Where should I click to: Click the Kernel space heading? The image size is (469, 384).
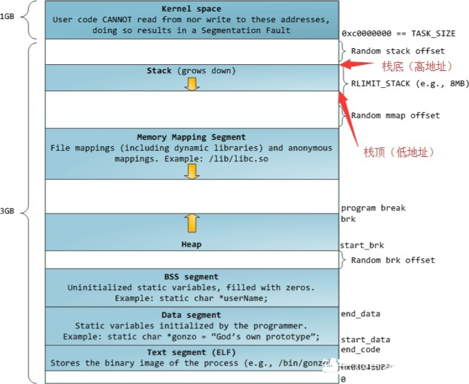pyautogui.click(x=192, y=8)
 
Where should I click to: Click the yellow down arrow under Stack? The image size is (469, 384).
pyautogui.click(x=192, y=83)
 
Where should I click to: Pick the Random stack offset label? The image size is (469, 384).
pyautogui.click(x=397, y=51)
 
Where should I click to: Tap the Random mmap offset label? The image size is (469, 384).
pyautogui.click(x=395, y=116)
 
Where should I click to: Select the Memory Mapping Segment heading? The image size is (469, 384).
pyautogui.click(x=192, y=137)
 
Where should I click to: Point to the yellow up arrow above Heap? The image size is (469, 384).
pyautogui.click(x=192, y=222)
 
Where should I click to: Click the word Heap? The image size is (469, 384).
pyautogui.click(x=192, y=244)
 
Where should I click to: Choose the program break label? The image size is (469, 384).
pyautogui.click(x=373, y=208)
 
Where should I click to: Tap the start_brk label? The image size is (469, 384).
pyautogui.click(x=362, y=245)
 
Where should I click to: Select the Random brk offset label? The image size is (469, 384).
pyautogui.click(x=393, y=260)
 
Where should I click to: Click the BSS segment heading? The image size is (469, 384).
pyautogui.click(x=192, y=277)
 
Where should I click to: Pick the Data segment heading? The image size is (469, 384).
pyautogui.click(x=192, y=315)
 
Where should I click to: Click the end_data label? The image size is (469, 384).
pyautogui.click(x=361, y=314)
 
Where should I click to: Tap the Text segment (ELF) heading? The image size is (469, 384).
pyautogui.click(x=192, y=352)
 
